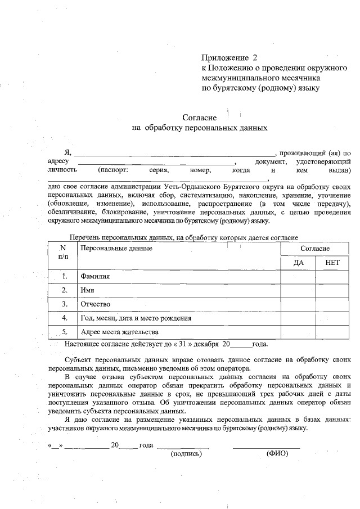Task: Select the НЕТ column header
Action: coord(332,263)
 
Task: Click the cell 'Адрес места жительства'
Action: coord(116,331)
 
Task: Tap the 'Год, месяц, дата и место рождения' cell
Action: coord(136,318)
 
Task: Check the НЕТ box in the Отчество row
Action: coord(332,304)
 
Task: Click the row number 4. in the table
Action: coord(65,318)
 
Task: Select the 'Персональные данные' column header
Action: coord(116,248)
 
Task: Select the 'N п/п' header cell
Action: coord(63,253)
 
